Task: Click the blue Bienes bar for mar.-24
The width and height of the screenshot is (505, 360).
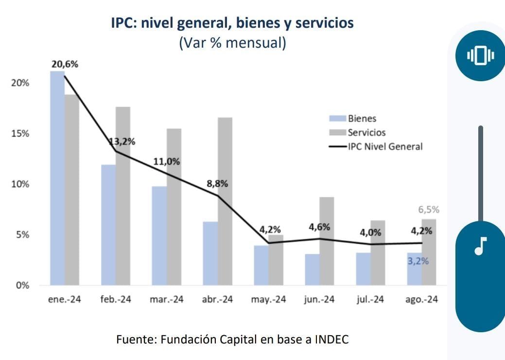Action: (159, 235)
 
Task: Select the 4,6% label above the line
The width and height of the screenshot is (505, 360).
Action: (319, 227)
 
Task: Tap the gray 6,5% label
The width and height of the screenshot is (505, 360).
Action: (429, 210)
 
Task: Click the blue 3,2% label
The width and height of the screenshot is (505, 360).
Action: (418, 261)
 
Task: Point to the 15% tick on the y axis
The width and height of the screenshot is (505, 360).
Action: (20, 134)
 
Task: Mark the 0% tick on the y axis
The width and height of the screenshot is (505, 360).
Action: (22, 286)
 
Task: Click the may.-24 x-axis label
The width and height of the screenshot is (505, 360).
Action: (268, 300)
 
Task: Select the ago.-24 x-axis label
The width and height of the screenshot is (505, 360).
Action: (421, 300)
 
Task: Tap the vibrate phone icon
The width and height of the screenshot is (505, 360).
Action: (480, 56)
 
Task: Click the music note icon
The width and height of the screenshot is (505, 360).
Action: (480, 246)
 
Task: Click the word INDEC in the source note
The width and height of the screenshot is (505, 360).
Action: (331, 339)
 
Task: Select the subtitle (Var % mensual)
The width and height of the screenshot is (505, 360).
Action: (232, 43)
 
